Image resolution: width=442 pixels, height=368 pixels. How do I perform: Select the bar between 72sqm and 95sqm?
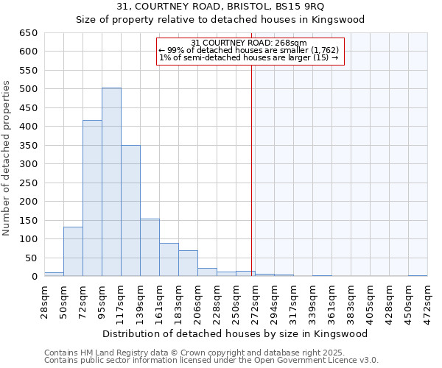pyautogui.click(x=92, y=199)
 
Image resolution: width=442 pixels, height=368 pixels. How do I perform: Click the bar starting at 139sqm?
pyautogui.click(x=150, y=247)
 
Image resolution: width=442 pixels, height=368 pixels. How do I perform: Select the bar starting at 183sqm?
pyautogui.click(x=188, y=263)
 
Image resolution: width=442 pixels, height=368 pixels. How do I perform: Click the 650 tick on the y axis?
pyautogui.click(x=28, y=33)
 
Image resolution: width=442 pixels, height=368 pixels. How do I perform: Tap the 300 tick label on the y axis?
pyautogui.click(x=28, y=164)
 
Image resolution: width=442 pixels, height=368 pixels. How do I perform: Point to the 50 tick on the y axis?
pyautogui.click(x=30, y=258)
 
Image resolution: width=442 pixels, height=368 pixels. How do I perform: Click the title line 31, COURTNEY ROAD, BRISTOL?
pyautogui.click(x=221, y=7)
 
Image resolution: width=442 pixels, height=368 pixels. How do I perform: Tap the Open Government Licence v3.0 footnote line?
pyautogui.click(x=211, y=360)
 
